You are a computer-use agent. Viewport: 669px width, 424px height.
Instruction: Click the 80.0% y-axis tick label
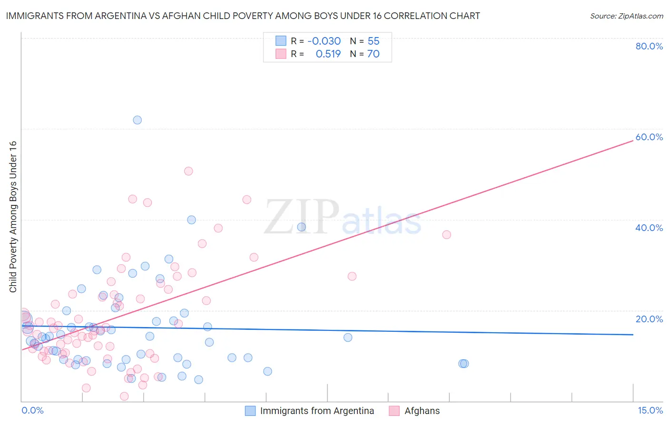[x=649, y=46]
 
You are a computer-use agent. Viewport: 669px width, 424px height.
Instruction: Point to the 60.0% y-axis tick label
[x=649, y=137]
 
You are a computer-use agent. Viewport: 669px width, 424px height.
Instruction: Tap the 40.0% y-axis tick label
[x=649, y=228]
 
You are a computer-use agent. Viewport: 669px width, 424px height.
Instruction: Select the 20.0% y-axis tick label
[x=649, y=319]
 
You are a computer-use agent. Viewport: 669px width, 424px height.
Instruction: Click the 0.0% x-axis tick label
[x=32, y=410]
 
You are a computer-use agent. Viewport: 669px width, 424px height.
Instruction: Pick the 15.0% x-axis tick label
[x=650, y=410]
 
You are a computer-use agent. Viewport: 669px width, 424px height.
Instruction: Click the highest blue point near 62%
[x=137, y=120]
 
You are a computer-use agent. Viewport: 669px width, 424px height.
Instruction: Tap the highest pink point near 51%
[x=188, y=171]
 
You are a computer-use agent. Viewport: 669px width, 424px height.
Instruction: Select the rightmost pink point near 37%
[x=446, y=234]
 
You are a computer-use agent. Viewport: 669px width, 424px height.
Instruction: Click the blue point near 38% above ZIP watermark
[x=302, y=227]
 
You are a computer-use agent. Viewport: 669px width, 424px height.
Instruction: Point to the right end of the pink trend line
[x=633, y=141]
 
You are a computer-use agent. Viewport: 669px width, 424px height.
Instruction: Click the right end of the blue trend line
[x=633, y=335]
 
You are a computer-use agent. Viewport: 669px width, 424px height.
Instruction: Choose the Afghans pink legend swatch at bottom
[x=394, y=411]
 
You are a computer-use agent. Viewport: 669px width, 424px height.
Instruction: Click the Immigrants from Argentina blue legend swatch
[x=250, y=411]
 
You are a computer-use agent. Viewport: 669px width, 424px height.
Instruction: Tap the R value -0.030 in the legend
[x=324, y=41]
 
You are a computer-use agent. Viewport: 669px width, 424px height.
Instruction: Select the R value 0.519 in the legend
[x=328, y=54]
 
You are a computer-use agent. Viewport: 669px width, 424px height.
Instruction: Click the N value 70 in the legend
[x=373, y=54]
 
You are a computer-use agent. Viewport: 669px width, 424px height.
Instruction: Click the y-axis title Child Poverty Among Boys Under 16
[x=13, y=217]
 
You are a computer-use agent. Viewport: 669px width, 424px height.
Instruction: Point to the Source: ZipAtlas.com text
[x=626, y=16]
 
